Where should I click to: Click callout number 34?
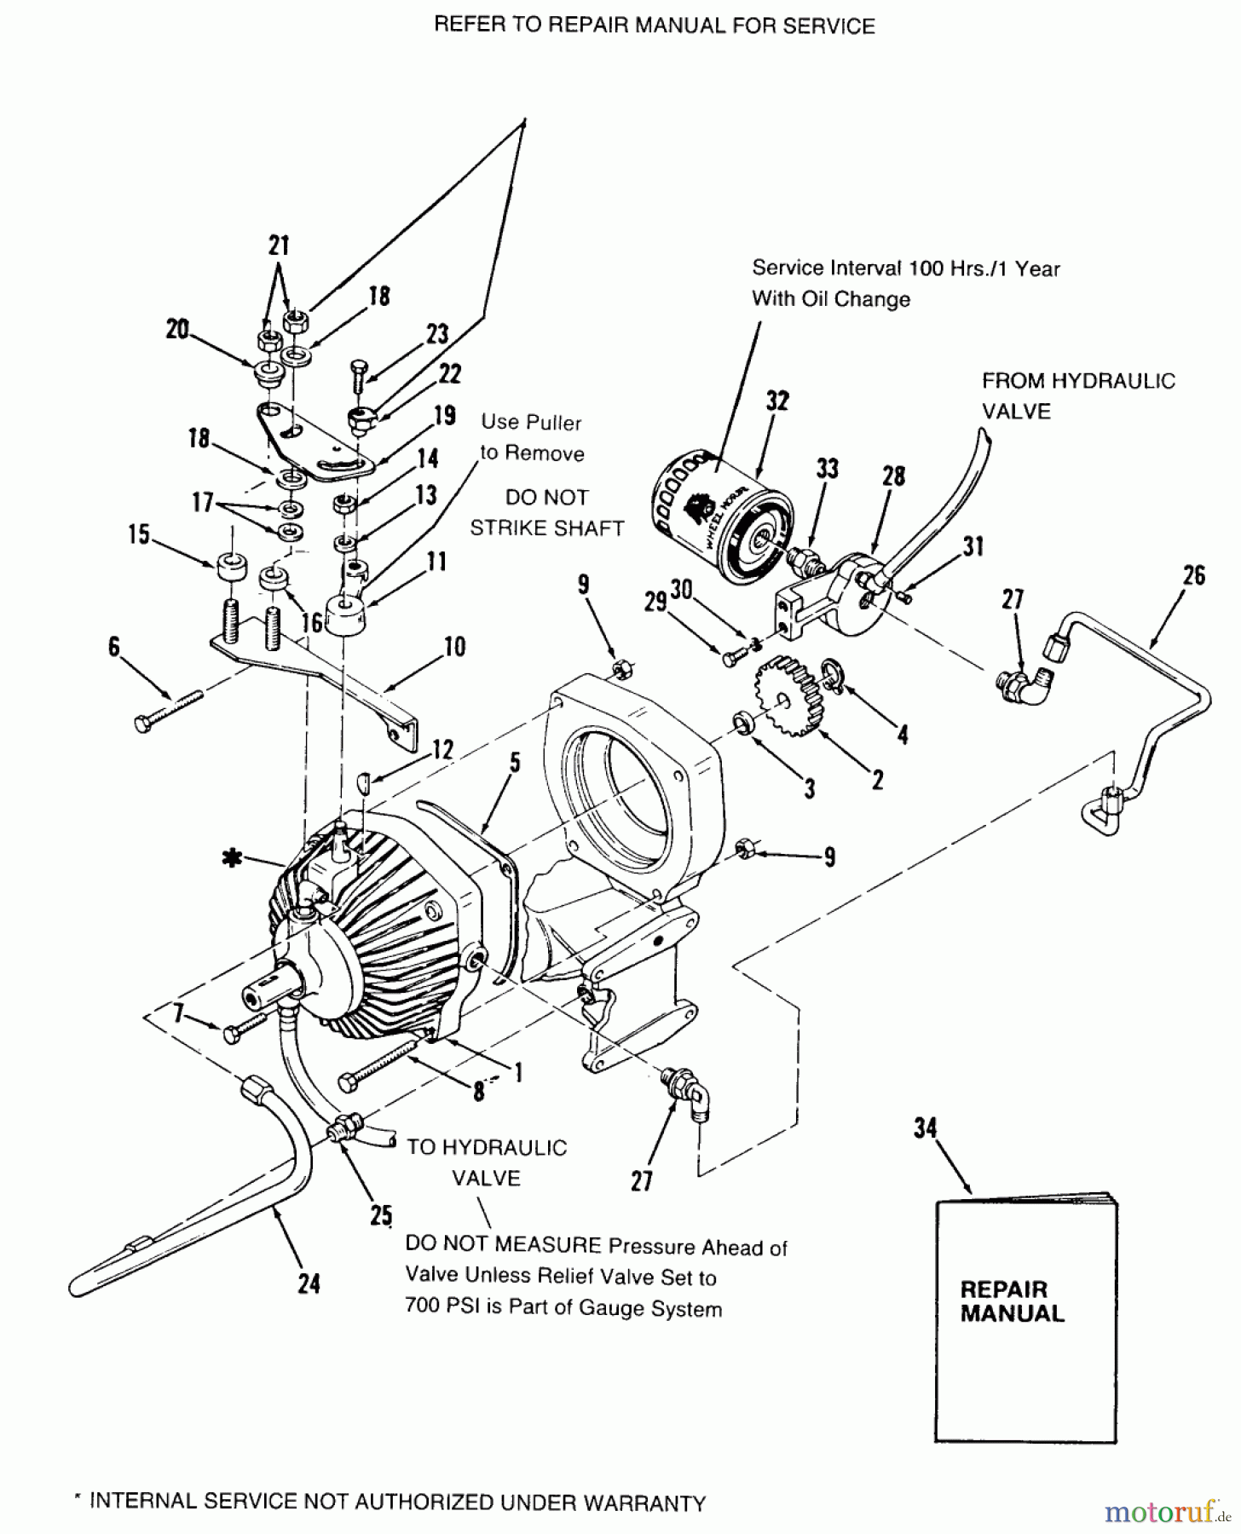pos(926,1129)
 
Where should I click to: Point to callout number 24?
pos(309,1283)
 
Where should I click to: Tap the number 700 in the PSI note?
pos(422,1308)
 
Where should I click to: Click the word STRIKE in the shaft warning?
pos(513,528)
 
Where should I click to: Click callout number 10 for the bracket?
pos(455,647)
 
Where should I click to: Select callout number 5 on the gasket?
pos(515,764)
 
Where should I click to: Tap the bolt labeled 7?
pos(234,1034)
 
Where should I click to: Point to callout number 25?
pos(380,1214)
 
